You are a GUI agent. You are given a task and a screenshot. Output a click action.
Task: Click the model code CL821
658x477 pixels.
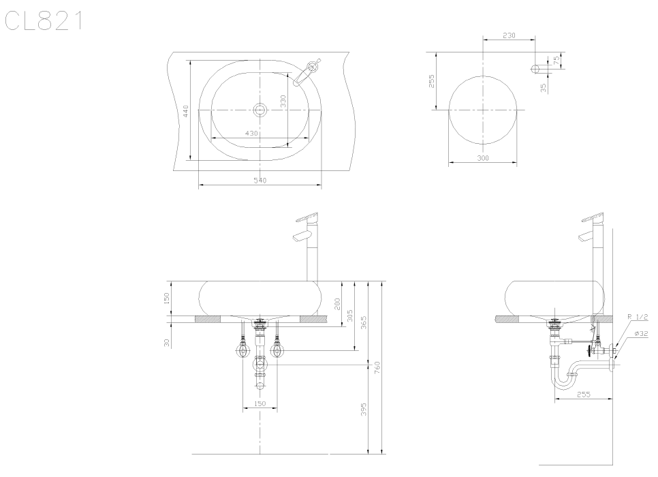[x=44, y=21]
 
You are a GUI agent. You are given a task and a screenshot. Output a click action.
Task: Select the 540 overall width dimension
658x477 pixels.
[x=260, y=181]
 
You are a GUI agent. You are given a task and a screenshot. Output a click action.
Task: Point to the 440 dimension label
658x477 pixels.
[x=186, y=111]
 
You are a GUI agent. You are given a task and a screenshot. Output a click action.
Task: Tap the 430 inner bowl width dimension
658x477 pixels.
[x=251, y=133]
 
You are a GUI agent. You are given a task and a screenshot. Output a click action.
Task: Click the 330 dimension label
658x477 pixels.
[x=283, y=102]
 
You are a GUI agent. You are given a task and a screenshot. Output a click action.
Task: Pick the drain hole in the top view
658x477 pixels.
[x=260, y=110]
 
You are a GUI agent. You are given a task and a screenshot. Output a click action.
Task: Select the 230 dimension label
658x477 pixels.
[x=509, y=35]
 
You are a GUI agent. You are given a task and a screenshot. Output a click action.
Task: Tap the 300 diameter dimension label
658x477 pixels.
[x=483, y=158]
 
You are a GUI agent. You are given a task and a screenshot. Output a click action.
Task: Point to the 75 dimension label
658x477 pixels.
[x=557, y=61]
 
